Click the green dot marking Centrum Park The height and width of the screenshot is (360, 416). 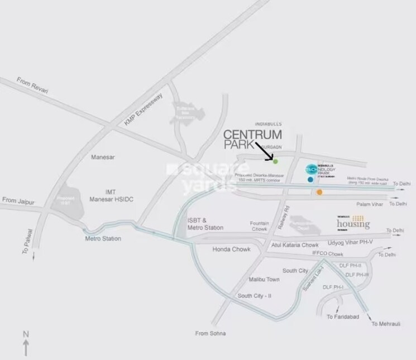click(275, 161)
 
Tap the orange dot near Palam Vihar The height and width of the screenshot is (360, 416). click(319, 192)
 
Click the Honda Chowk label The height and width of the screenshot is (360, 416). click(226, 249)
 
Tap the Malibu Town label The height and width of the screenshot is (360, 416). click(264, 279)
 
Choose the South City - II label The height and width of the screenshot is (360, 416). click(254, 296)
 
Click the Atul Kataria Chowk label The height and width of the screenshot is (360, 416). click(295, 244)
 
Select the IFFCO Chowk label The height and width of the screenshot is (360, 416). click(327, 254)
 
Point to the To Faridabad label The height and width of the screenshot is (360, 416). click(340, 317)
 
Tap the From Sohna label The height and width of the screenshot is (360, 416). click(211, 333)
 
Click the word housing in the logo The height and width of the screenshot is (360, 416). click(353, 224)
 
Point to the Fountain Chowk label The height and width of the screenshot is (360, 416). click(259, 225)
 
